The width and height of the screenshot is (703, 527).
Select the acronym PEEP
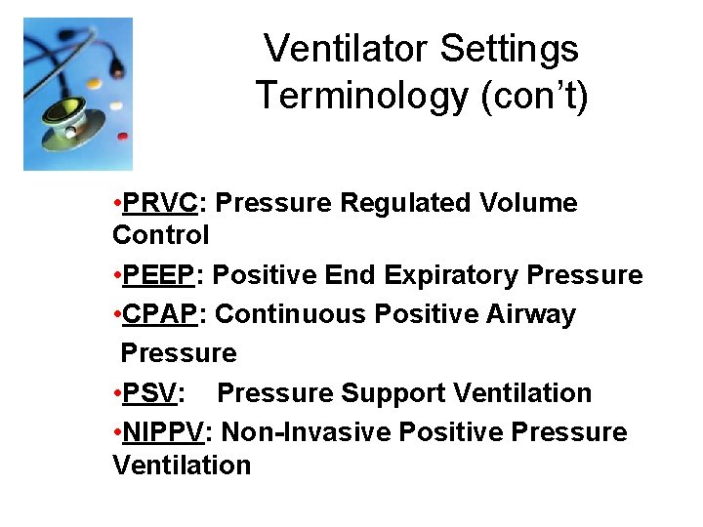pos(159,275)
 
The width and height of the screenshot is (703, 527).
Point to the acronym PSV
pos(152,392)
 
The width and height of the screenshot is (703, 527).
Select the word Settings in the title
pos(518,48)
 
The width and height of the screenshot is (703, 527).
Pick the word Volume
pos(529,203)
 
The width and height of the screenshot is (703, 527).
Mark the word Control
pos(161,235)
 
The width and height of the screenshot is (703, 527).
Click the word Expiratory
pos(452,275)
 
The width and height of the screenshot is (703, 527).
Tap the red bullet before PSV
pos(116,392)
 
